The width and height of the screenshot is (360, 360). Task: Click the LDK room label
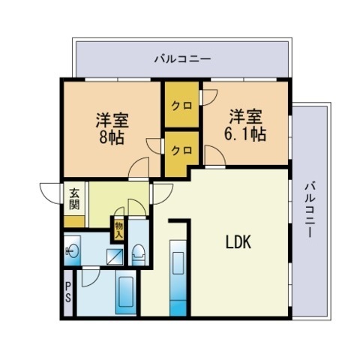click(x=238, y=242)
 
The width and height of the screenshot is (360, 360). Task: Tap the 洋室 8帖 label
click(x=112, y=129)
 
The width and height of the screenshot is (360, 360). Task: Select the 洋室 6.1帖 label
click(x=245, y=125)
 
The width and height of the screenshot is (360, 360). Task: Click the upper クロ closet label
click(x=181, y=106)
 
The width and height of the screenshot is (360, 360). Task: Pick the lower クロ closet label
click(x=181, y=150)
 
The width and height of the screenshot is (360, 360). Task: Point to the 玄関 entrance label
click(x=74, y=199)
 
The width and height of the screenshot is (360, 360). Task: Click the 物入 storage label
click(x=119, y=230)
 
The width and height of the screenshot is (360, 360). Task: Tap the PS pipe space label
click(x=68, y=292)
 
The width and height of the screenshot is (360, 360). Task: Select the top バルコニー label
click(x=183, y=59)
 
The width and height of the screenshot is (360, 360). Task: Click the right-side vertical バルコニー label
click(x=310, y=209)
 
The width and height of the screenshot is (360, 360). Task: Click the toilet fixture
click(x=138, y=254)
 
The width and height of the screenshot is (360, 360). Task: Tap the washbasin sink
click(x=72, y=250)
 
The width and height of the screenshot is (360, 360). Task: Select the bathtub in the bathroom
click(x=126, y=292)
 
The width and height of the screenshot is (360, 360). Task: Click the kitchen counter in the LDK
click(x=178, y=278)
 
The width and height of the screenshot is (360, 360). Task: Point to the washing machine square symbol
click(x=115, y=256)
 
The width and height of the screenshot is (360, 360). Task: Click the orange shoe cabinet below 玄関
click(x=74, y=222)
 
